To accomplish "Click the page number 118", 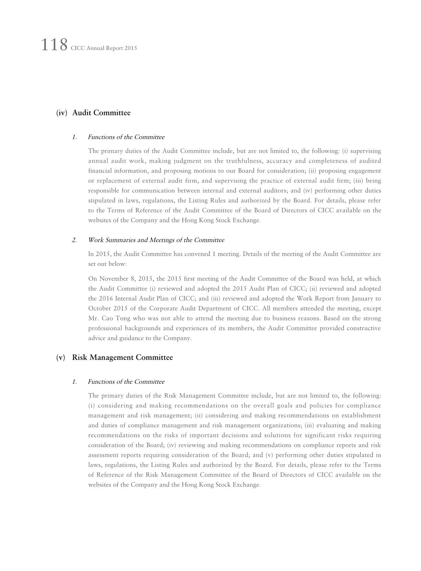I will click(54, 45).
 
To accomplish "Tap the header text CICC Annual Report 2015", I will click(104, 48).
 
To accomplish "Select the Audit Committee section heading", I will click(101, 113).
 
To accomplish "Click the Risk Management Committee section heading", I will click(122, 357).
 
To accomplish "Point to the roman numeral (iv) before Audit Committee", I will click(62, 113).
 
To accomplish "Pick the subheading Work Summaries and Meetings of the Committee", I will click(156, 240).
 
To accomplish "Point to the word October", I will click(100, 308).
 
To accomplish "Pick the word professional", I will click(105, 328).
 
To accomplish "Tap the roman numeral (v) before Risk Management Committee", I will click(61, 357).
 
